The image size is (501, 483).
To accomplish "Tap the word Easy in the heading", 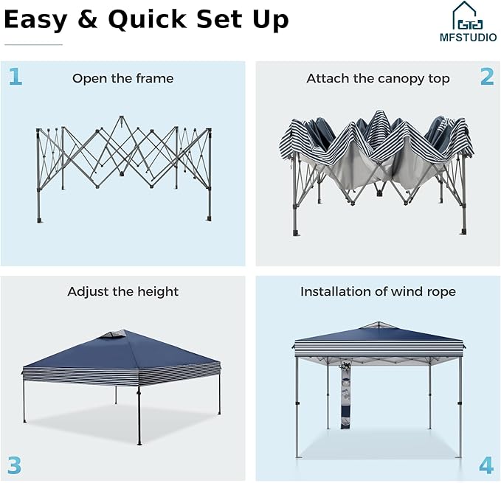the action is point(35,20).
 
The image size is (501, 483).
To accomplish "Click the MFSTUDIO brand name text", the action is point(468,38).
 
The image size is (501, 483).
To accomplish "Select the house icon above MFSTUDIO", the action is point(468,15).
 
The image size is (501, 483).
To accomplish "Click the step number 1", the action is point(15,77).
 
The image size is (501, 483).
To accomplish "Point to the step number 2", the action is point(487,77).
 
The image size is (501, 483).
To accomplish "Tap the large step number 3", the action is point(14,465).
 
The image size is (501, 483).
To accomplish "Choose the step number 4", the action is point(486,465).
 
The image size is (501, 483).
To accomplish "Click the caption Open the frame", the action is point(123,78).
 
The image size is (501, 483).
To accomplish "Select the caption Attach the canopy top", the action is point(378,78).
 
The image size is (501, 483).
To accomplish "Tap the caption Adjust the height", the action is point(123,292).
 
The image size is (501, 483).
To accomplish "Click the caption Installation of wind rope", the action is point(378,292).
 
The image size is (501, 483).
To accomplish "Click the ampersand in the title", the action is point(88,19).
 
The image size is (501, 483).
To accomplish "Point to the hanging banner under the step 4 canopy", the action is point(345,395).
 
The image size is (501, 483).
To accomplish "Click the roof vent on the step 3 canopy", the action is point(114,334).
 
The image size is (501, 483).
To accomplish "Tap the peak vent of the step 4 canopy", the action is point(379,325).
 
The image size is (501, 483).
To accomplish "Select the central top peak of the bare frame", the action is point(121,117).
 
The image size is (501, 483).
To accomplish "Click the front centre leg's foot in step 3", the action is point(139,443).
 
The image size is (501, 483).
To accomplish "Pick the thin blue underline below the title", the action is point(33,45).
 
